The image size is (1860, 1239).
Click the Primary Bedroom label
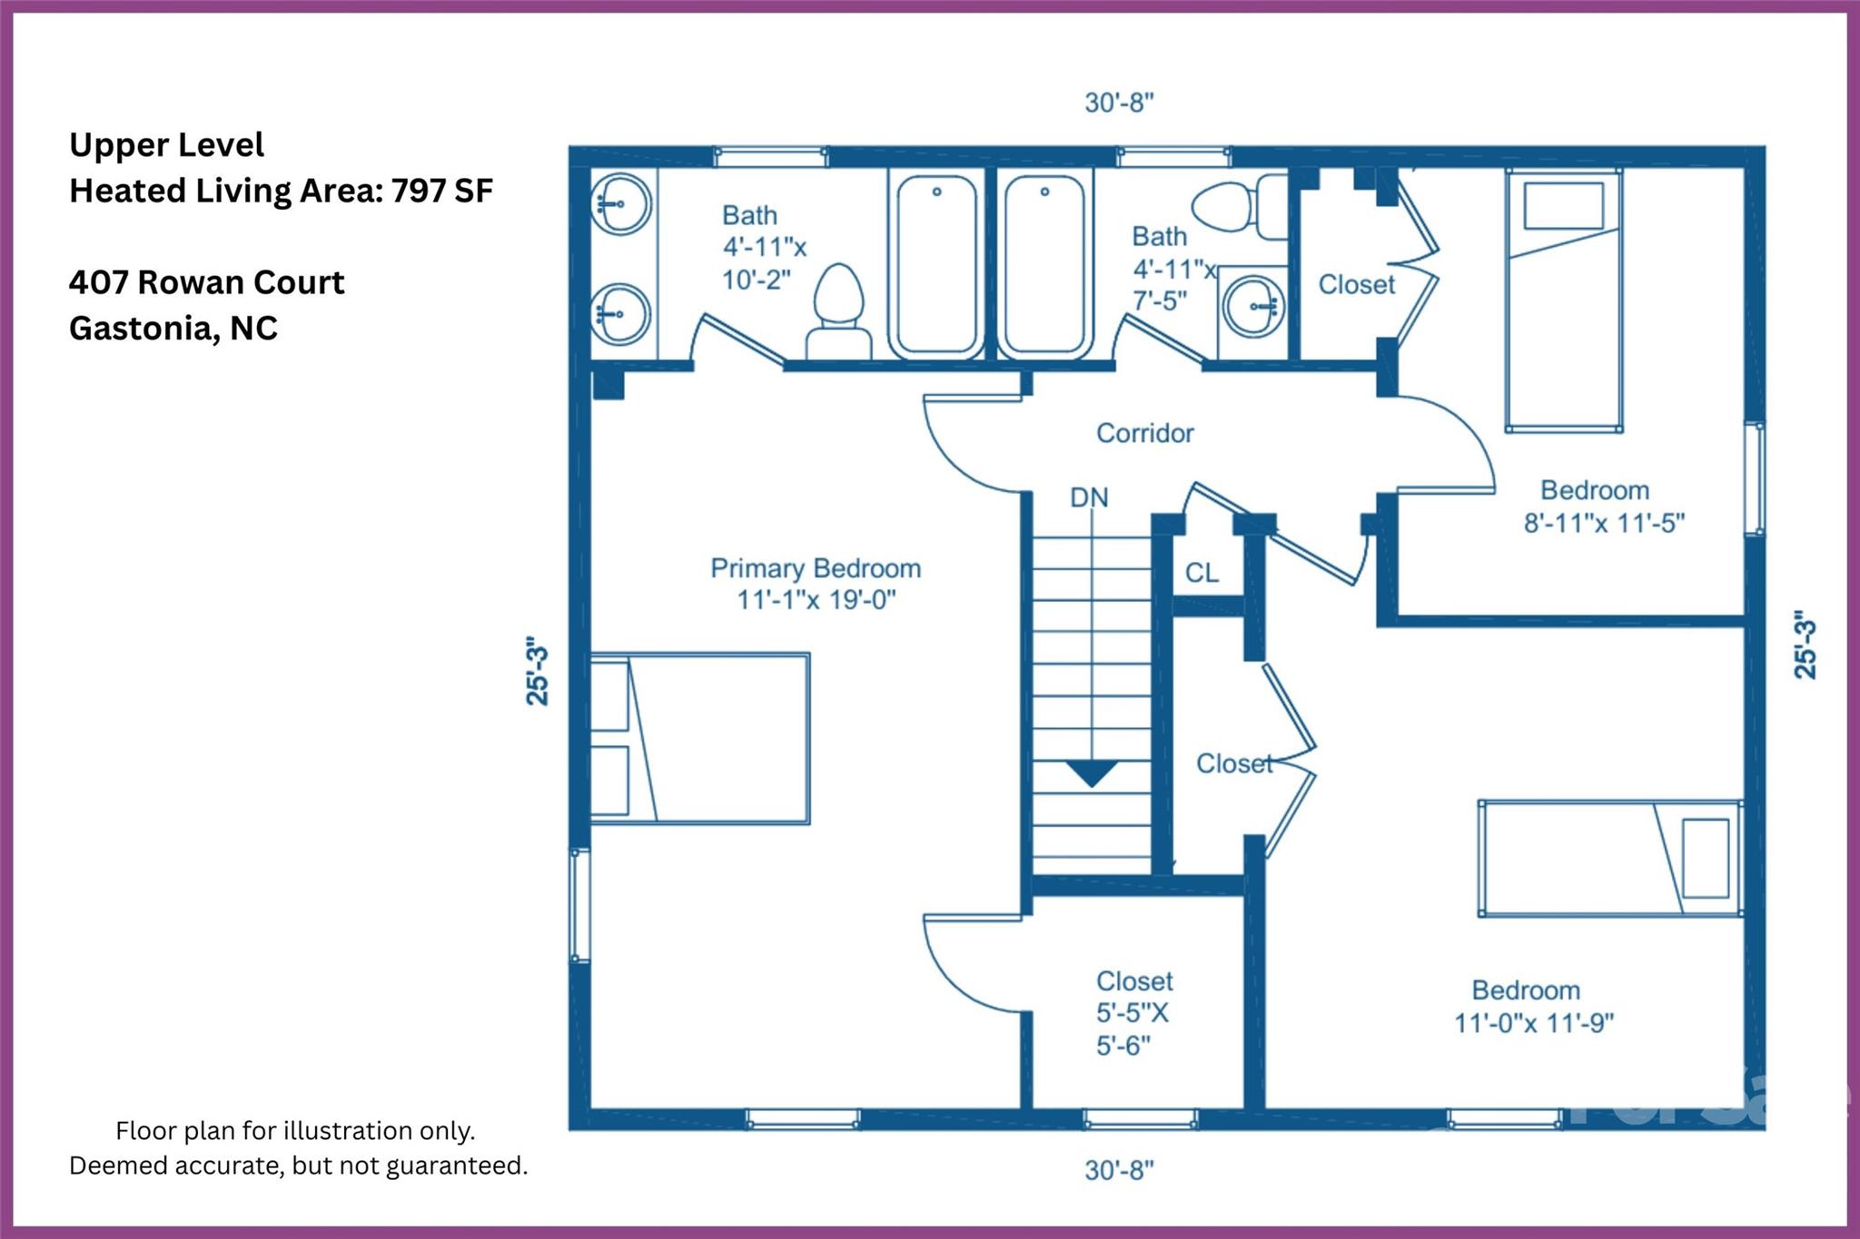coord(815,569)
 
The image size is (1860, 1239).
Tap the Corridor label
coord(1144,433)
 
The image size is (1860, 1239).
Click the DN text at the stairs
coord(1089,497)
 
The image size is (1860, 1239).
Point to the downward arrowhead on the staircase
coord(1091,773)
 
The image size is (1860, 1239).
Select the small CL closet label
coord(1202,573)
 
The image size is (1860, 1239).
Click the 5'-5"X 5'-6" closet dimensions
coord(1133,1029)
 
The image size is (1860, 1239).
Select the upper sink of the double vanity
coord(620,204)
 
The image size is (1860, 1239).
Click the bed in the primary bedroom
coord(699,738)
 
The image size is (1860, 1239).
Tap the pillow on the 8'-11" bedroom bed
coord(1563,206)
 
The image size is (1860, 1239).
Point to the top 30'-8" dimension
coord(1119,103)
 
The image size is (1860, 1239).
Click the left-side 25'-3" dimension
coord(537,671)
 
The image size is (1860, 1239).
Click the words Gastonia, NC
coord(173,328)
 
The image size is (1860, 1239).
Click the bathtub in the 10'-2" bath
coord(936,263)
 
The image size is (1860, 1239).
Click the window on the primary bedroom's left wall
coord(579,904)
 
